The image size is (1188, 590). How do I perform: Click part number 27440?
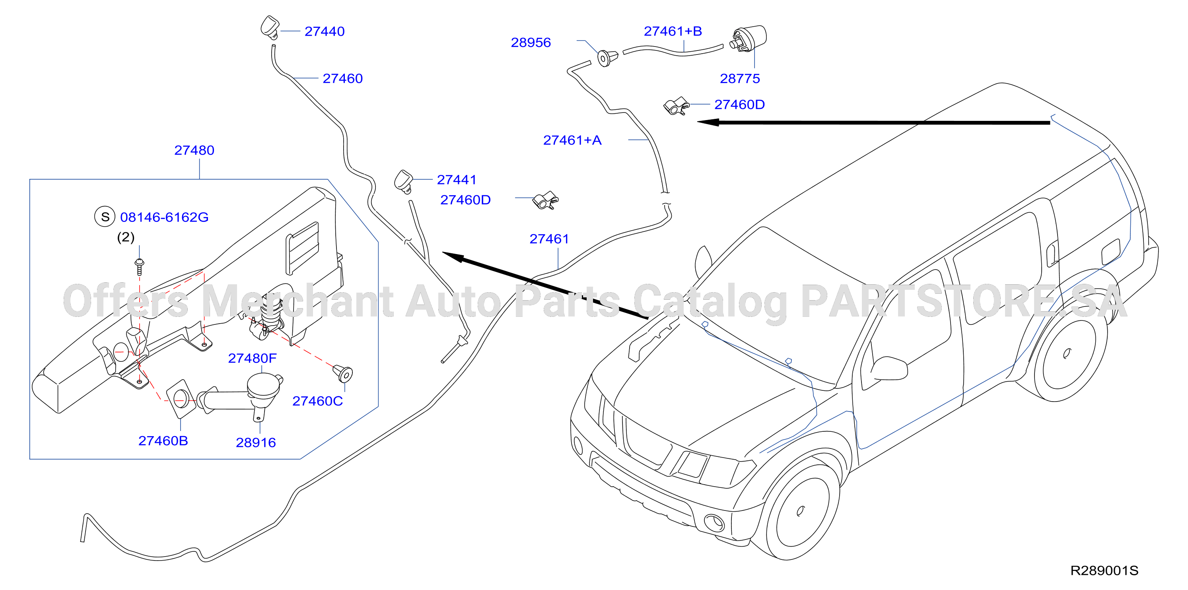(x=324, y=31)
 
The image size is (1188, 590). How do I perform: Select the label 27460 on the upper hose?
(x=343, y=78)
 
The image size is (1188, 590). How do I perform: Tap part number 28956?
(x=531, y=43)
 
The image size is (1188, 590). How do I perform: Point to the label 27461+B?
(x=673, y=31)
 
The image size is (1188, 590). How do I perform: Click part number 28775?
(x=740, y=78)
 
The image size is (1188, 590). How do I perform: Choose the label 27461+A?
(x=572, y=140)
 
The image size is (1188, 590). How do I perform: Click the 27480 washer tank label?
(x=194, y=150)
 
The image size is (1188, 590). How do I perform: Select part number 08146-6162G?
(x=164, y=217)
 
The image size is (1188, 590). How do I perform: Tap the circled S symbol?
(x=105, y=217)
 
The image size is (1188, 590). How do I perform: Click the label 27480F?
(x=252, y=358)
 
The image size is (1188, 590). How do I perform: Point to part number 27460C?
(x=318, y=401)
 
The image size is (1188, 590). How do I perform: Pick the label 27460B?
(x=163, y=441)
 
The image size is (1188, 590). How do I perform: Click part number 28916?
(x=256, y=442)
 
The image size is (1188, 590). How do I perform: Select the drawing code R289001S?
(x=1104, y=571)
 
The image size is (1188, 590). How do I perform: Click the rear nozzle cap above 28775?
(x=749, y=38)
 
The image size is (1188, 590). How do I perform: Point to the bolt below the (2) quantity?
(x=139, y=266)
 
